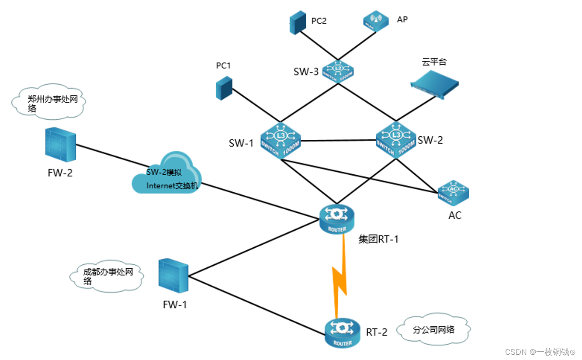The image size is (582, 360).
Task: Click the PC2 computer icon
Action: point(298,23)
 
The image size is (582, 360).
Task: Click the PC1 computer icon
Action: point(224,88)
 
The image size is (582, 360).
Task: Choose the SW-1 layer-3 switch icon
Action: point(280,140)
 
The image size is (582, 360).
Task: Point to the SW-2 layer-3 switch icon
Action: point(396,139)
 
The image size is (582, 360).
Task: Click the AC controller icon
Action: point(454,193)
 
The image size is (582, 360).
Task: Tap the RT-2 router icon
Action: point(343,332)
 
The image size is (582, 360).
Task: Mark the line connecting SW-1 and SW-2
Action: point(339,141)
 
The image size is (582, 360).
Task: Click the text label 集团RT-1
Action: point(378,239)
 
